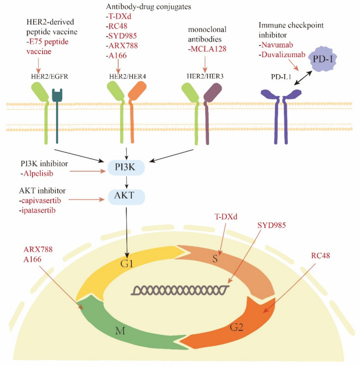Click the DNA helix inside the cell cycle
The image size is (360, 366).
[180, 290]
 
